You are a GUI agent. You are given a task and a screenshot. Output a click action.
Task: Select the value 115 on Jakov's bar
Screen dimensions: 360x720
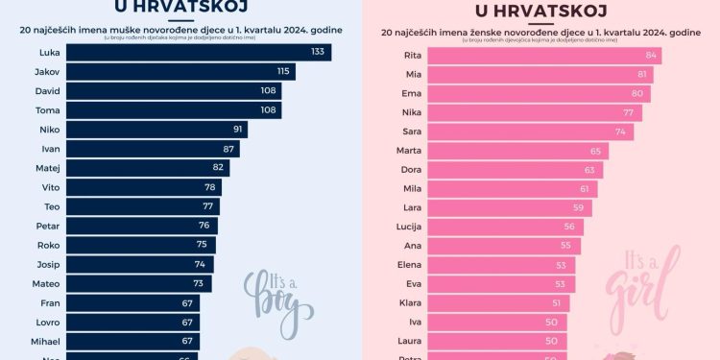283,71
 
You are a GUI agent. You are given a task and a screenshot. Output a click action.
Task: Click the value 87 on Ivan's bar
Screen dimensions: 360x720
228,149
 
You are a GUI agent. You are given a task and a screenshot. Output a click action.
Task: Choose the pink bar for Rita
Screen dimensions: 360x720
543,56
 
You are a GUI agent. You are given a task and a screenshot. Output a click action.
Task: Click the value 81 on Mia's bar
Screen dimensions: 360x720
642,75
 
